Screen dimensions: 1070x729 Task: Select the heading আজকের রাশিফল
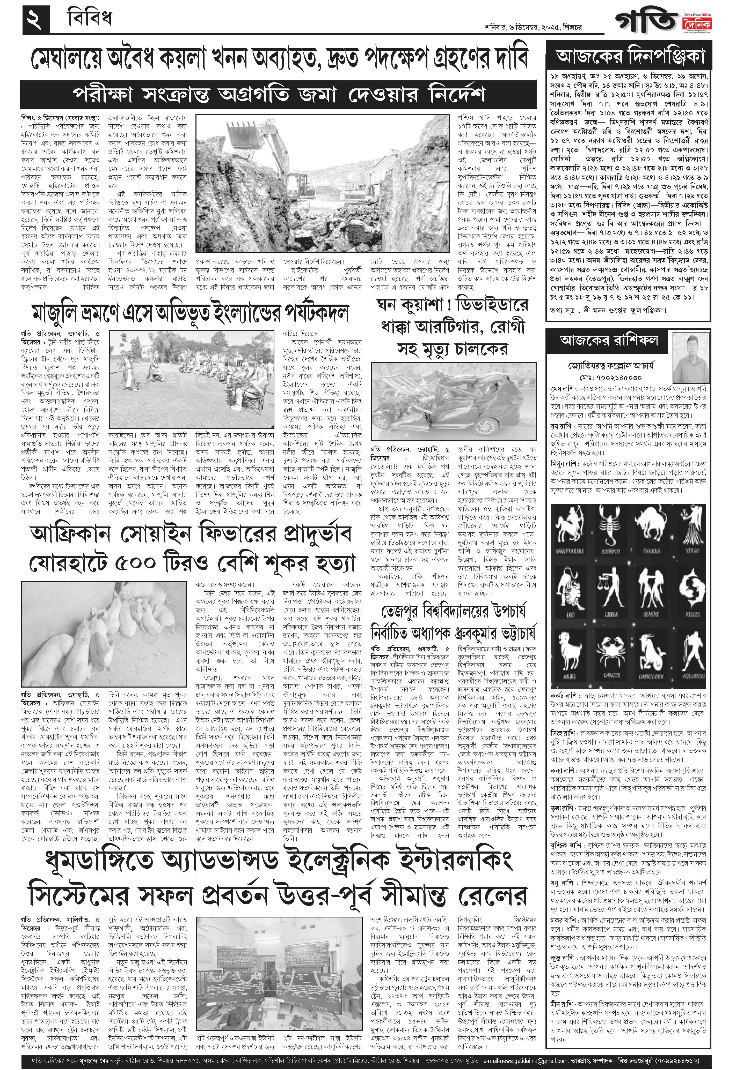(608, 341)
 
